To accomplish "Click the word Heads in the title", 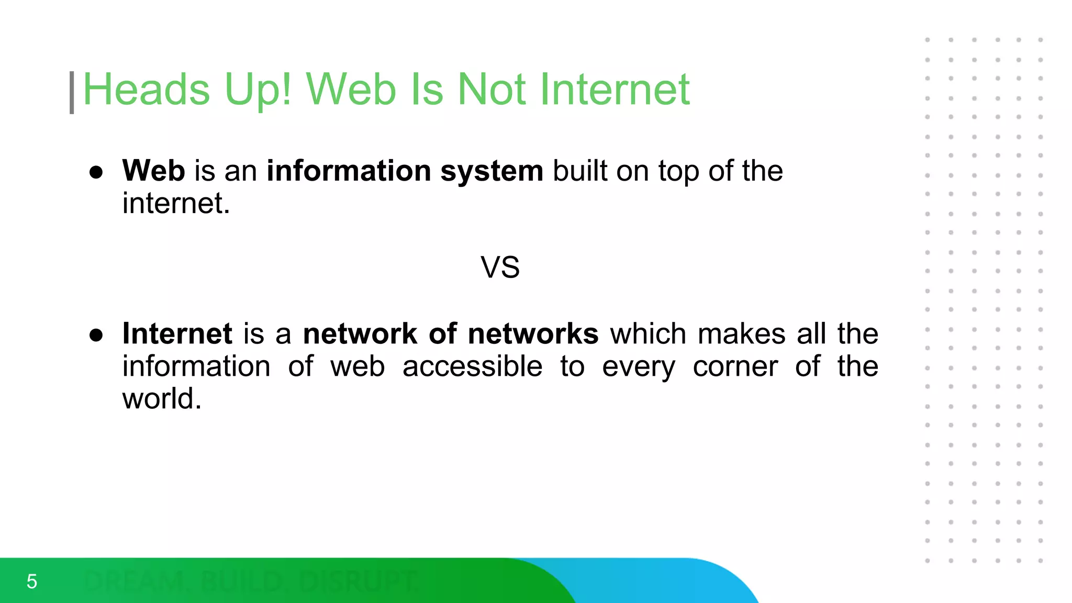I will tap(147, 90).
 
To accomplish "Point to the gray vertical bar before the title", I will tap(72, 93).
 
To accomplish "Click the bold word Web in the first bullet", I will tap(153, 171).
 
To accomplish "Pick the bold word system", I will tap(492, 171).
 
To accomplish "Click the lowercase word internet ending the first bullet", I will tap(176, 203).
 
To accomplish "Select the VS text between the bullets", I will tap(500, 267).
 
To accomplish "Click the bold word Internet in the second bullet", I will tap(177, 333).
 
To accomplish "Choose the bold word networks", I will tap(533, 333).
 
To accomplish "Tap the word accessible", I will tap(472, 366).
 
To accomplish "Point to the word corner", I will tap(735, 366).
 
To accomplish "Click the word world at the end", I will tap(161, 398).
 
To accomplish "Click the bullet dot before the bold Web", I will tap(96, 172).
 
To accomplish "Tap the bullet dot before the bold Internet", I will tap(96, 335).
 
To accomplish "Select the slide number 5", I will tap(32, 582).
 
